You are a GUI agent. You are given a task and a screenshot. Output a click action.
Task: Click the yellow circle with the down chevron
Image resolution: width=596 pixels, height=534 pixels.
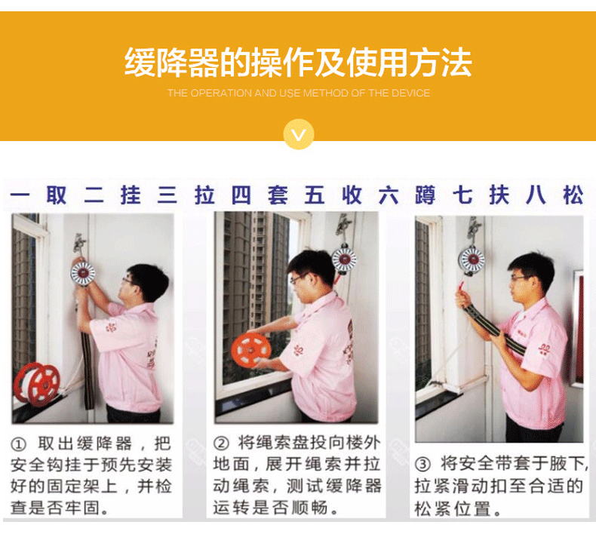coord(299,133)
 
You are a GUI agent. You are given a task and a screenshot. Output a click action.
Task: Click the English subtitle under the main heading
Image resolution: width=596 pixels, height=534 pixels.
coord(299,93)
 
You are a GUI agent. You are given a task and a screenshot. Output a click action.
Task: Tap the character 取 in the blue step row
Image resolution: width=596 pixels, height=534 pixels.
coord(57,195)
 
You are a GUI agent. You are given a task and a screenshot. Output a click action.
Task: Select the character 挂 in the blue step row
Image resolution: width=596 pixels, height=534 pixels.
coord(131,195)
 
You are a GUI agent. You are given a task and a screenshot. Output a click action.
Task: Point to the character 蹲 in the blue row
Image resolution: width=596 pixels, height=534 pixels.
coord(425,195)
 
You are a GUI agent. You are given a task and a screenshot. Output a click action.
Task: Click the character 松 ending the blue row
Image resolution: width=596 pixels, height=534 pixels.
coord(573,195)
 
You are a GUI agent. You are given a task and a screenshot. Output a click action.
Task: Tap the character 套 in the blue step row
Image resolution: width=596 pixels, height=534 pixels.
coord(278,195)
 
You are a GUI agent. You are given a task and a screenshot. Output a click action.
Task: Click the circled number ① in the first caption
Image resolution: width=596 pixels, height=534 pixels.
coord(18,444)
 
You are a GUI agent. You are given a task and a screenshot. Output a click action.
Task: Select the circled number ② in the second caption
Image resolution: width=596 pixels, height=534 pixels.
coord(221,443)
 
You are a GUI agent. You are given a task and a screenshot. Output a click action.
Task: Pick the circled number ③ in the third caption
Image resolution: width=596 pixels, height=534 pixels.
coord(422,464)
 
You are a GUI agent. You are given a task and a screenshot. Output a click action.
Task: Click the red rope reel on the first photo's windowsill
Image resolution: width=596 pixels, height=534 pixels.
coord(37,383)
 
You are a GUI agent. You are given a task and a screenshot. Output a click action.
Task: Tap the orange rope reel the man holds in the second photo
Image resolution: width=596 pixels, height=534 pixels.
coord(251,350)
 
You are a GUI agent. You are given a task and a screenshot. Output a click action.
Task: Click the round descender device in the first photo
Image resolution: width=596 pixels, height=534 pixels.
coord(82,272)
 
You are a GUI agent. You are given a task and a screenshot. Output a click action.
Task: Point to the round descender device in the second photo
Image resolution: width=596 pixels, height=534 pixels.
coord(344,259)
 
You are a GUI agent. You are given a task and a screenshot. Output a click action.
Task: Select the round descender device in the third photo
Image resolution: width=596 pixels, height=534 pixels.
coord(472,259)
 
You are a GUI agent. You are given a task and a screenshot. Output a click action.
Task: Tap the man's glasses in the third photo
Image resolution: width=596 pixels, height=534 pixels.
coord(521,278)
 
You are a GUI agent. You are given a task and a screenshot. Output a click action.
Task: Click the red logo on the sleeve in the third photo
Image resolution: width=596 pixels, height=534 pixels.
coord(545,350)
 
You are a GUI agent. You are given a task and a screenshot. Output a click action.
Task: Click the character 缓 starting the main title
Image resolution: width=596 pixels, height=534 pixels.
coord(140,63)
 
